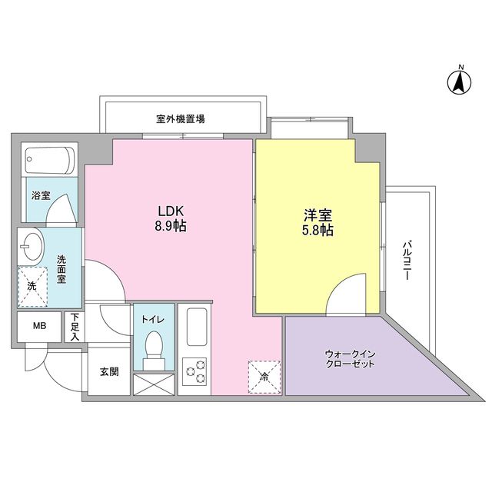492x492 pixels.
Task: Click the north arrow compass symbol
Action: [460, 80]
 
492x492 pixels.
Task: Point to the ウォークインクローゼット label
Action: [350, 358]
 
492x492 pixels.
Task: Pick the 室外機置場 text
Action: [180, 119]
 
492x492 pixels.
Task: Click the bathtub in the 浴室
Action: [49, 160]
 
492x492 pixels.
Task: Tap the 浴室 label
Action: [40, 195]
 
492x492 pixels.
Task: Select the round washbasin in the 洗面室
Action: [33, 248]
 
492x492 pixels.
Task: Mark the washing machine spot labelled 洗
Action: [32, 285]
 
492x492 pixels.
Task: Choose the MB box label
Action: [38, 325]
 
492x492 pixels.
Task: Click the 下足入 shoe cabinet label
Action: [75, 326]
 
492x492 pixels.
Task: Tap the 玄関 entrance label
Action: [108, 371]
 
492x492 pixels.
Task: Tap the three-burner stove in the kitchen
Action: [195, 371]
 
